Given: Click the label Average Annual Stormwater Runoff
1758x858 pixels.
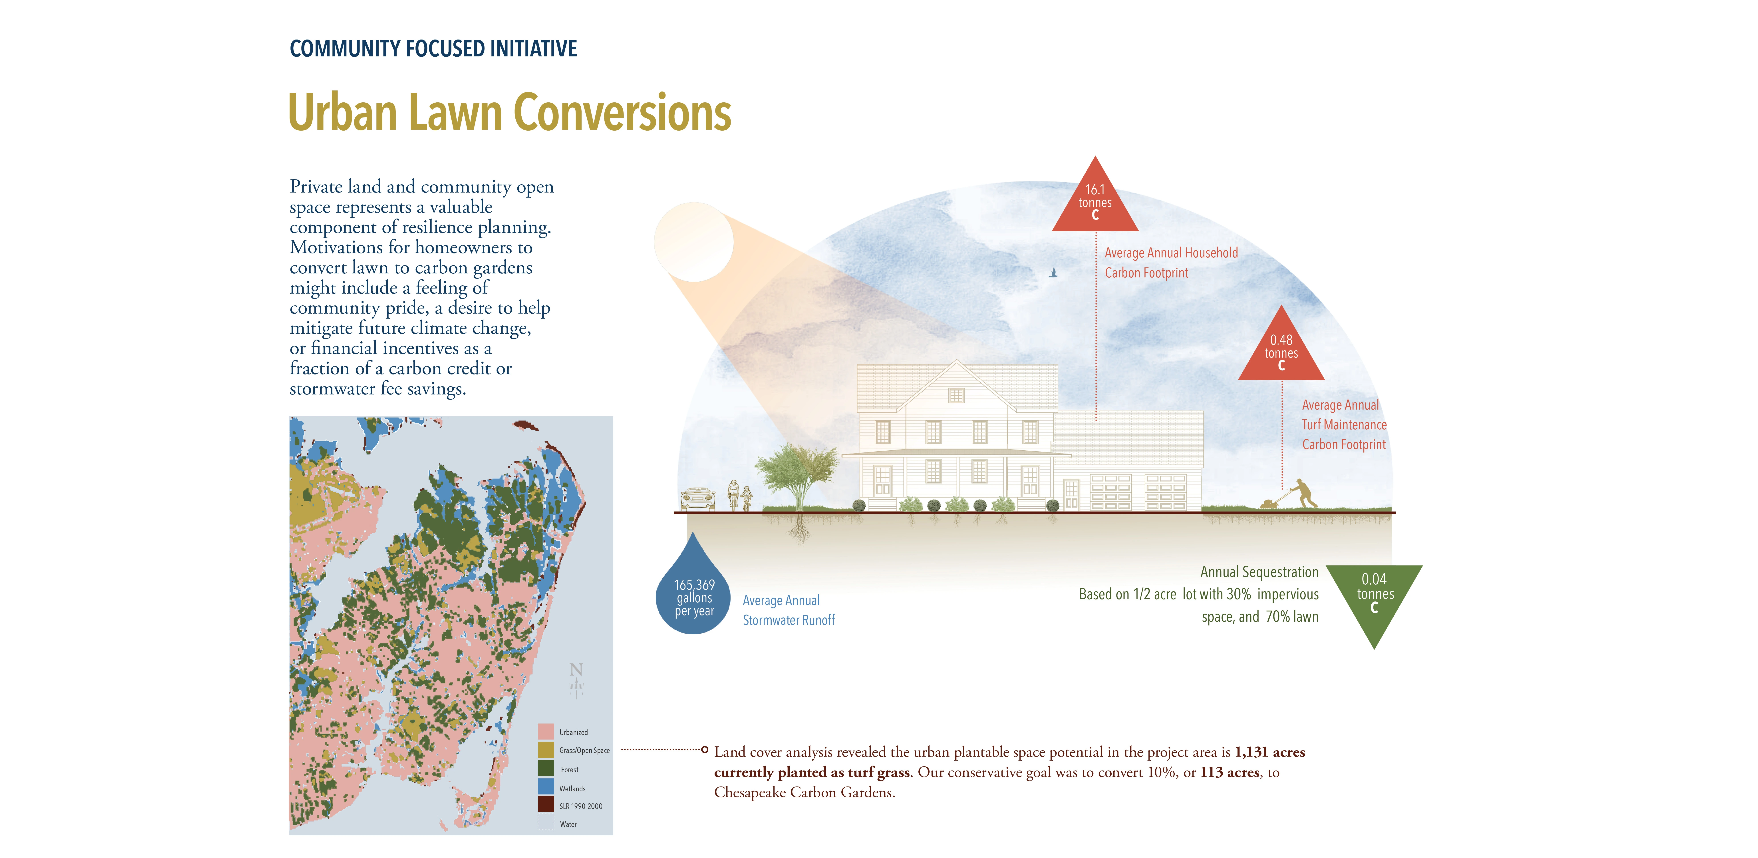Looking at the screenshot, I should click(x=788, y=610).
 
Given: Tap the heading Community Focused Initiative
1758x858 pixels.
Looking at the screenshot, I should click(x=433, y=48).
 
